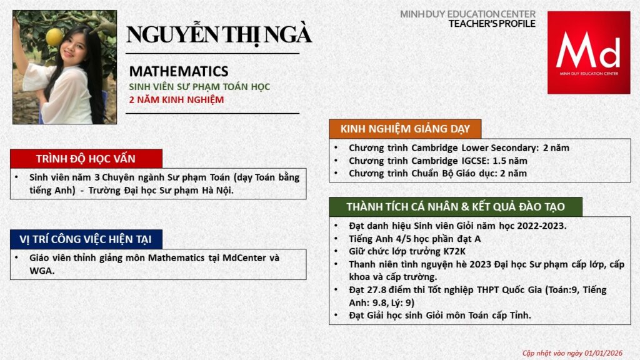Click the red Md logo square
pyautogui.click(x=588, y=52)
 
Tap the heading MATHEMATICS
pyautogui.click(x=179, y=71)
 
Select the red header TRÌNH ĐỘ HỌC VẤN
pyautogui.click(x=86, y=158)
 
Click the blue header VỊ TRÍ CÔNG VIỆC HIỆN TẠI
pyautogui.click(x=86, y=239)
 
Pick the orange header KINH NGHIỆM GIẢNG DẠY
pyautogui.click(x=404, y=129)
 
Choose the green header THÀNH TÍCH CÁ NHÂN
pyautogui.click(x=456, y=207)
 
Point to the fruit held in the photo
pyautogui.click(x=54, y=36)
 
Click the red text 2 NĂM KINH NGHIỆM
pyautogui.click(x=176, y=99)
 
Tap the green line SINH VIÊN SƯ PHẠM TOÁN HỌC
pyautogui.click(x=199, y=87)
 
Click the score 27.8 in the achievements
pyautogui.click(x=379, y=290)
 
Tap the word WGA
pyautogui.click(x=41, y=271)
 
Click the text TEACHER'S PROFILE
pyautogui.click(x=492, y=24)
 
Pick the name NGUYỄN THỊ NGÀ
pyautogui.click(x=219, y=35)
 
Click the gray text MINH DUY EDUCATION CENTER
pyautogui.click(x=467, y=14)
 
